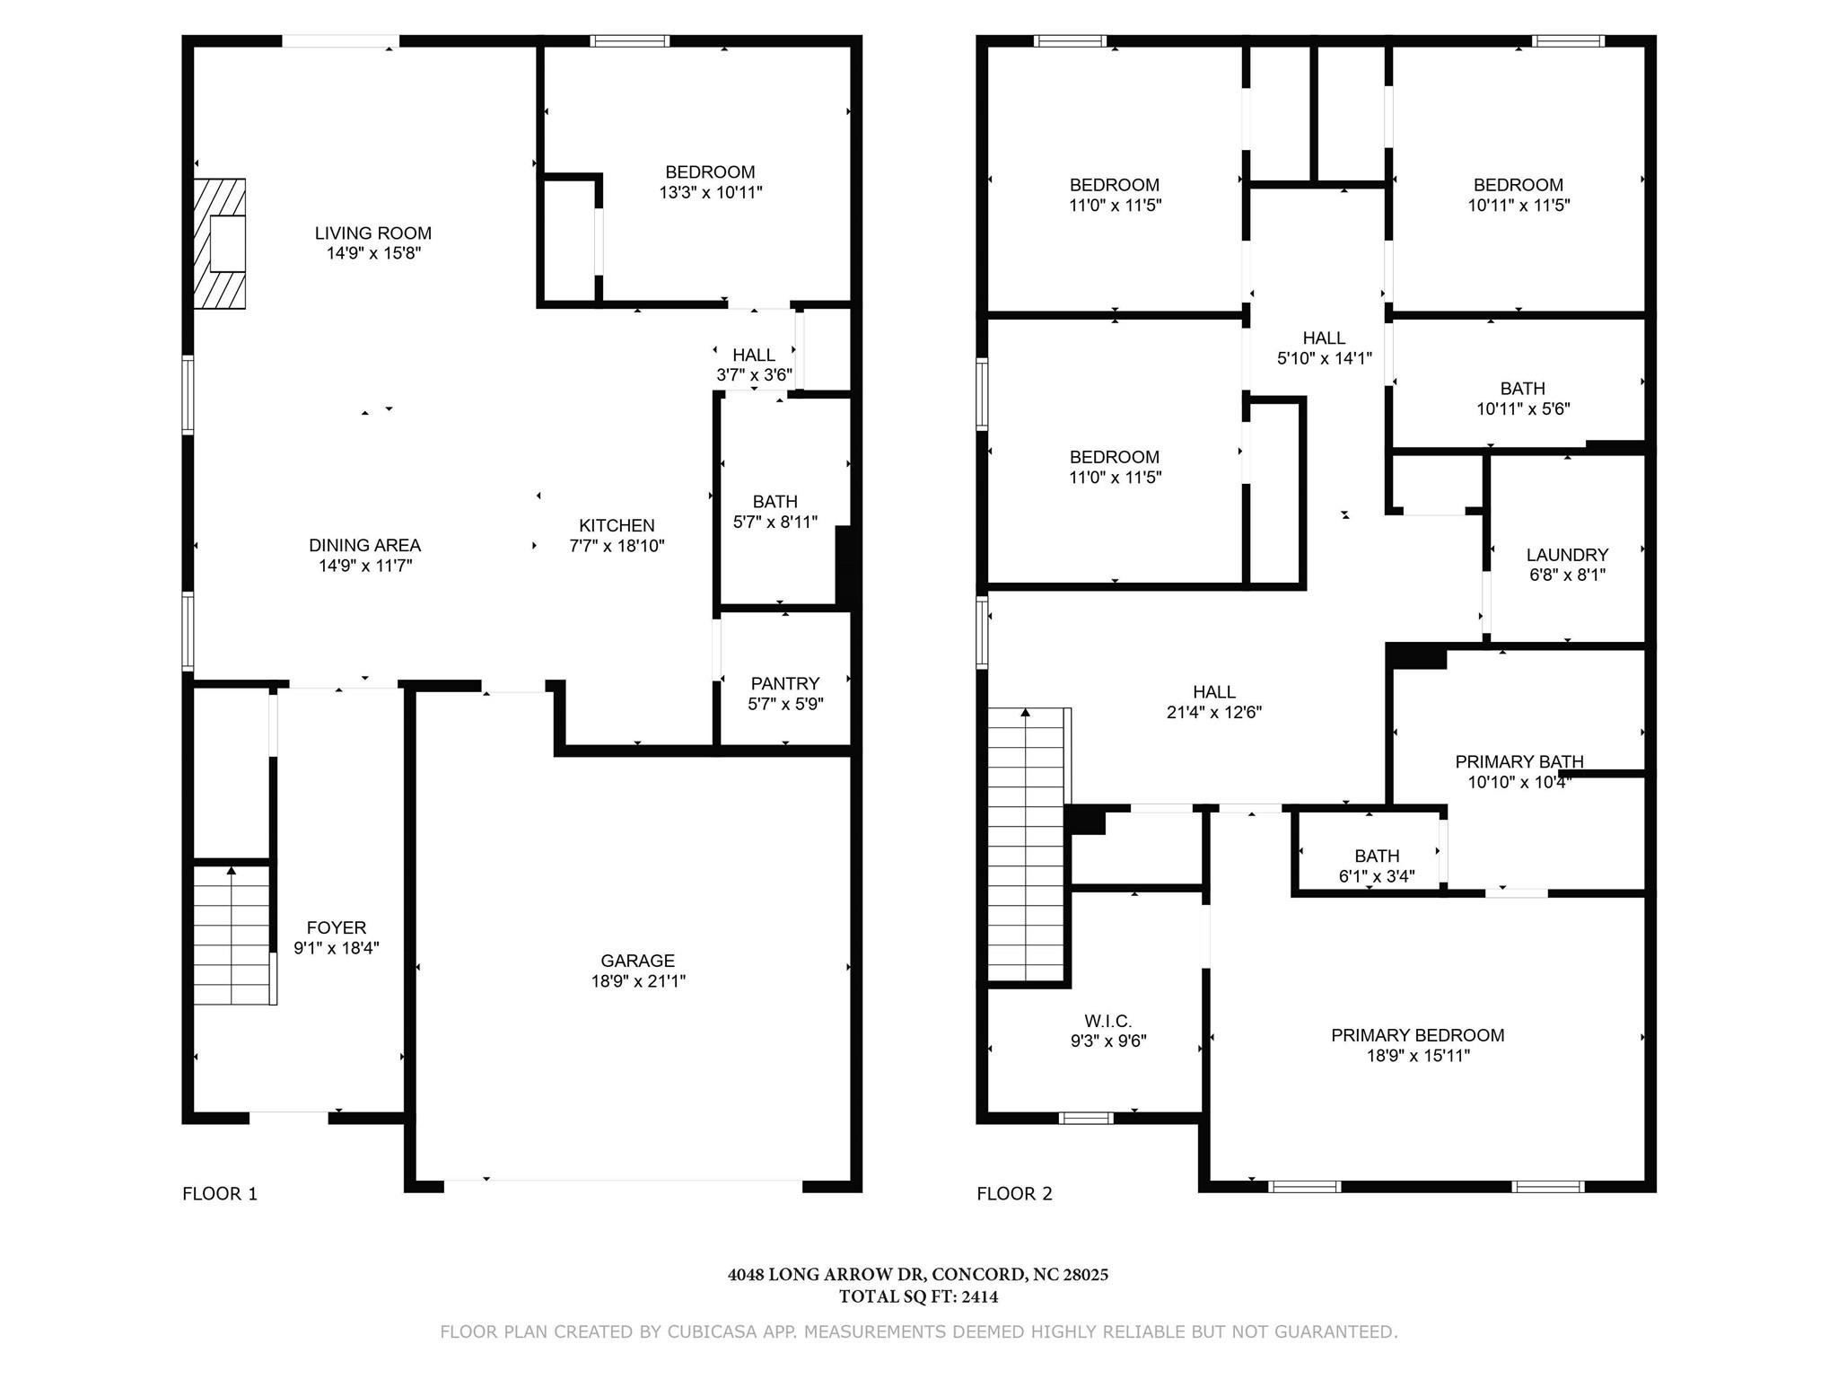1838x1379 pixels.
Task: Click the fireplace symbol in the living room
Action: click(x=219, y=243)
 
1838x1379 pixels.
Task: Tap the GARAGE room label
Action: click(x=638, y=961)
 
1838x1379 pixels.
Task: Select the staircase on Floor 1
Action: click(x=233, y=935)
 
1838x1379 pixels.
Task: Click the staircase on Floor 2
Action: click(x=1028, y=845)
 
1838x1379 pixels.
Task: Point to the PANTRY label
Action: click(x=785, y=683)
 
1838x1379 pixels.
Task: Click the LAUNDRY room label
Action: click(x=1567, y=555)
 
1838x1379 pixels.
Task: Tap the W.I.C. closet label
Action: click(x=1107, y=1021)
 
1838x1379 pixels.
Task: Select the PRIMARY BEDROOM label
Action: click(x=1418, y=1035)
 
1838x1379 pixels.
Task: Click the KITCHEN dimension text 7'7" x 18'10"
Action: click(x=617, y=546)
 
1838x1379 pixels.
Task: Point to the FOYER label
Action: click(x=337, y=927)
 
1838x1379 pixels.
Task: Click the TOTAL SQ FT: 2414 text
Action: click(x=919, y=1296)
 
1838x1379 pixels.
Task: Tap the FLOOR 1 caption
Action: click(x=220, y=1193)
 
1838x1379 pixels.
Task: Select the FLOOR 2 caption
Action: click(x=1014, y=1193)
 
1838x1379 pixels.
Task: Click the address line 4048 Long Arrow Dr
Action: click(x=918, y=1274)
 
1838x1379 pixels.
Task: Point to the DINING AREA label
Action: click(x=364, y=545)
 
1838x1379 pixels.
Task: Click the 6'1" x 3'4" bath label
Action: click(x=1377, y=876)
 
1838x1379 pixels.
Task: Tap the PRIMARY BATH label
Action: click(x=1519, y=761)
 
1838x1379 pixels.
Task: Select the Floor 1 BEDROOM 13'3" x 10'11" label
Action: click(x=711, y=182)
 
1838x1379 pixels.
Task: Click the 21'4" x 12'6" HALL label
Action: click(x=1214, y=702)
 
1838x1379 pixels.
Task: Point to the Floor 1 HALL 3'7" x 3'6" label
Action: click(x=754, y=365)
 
